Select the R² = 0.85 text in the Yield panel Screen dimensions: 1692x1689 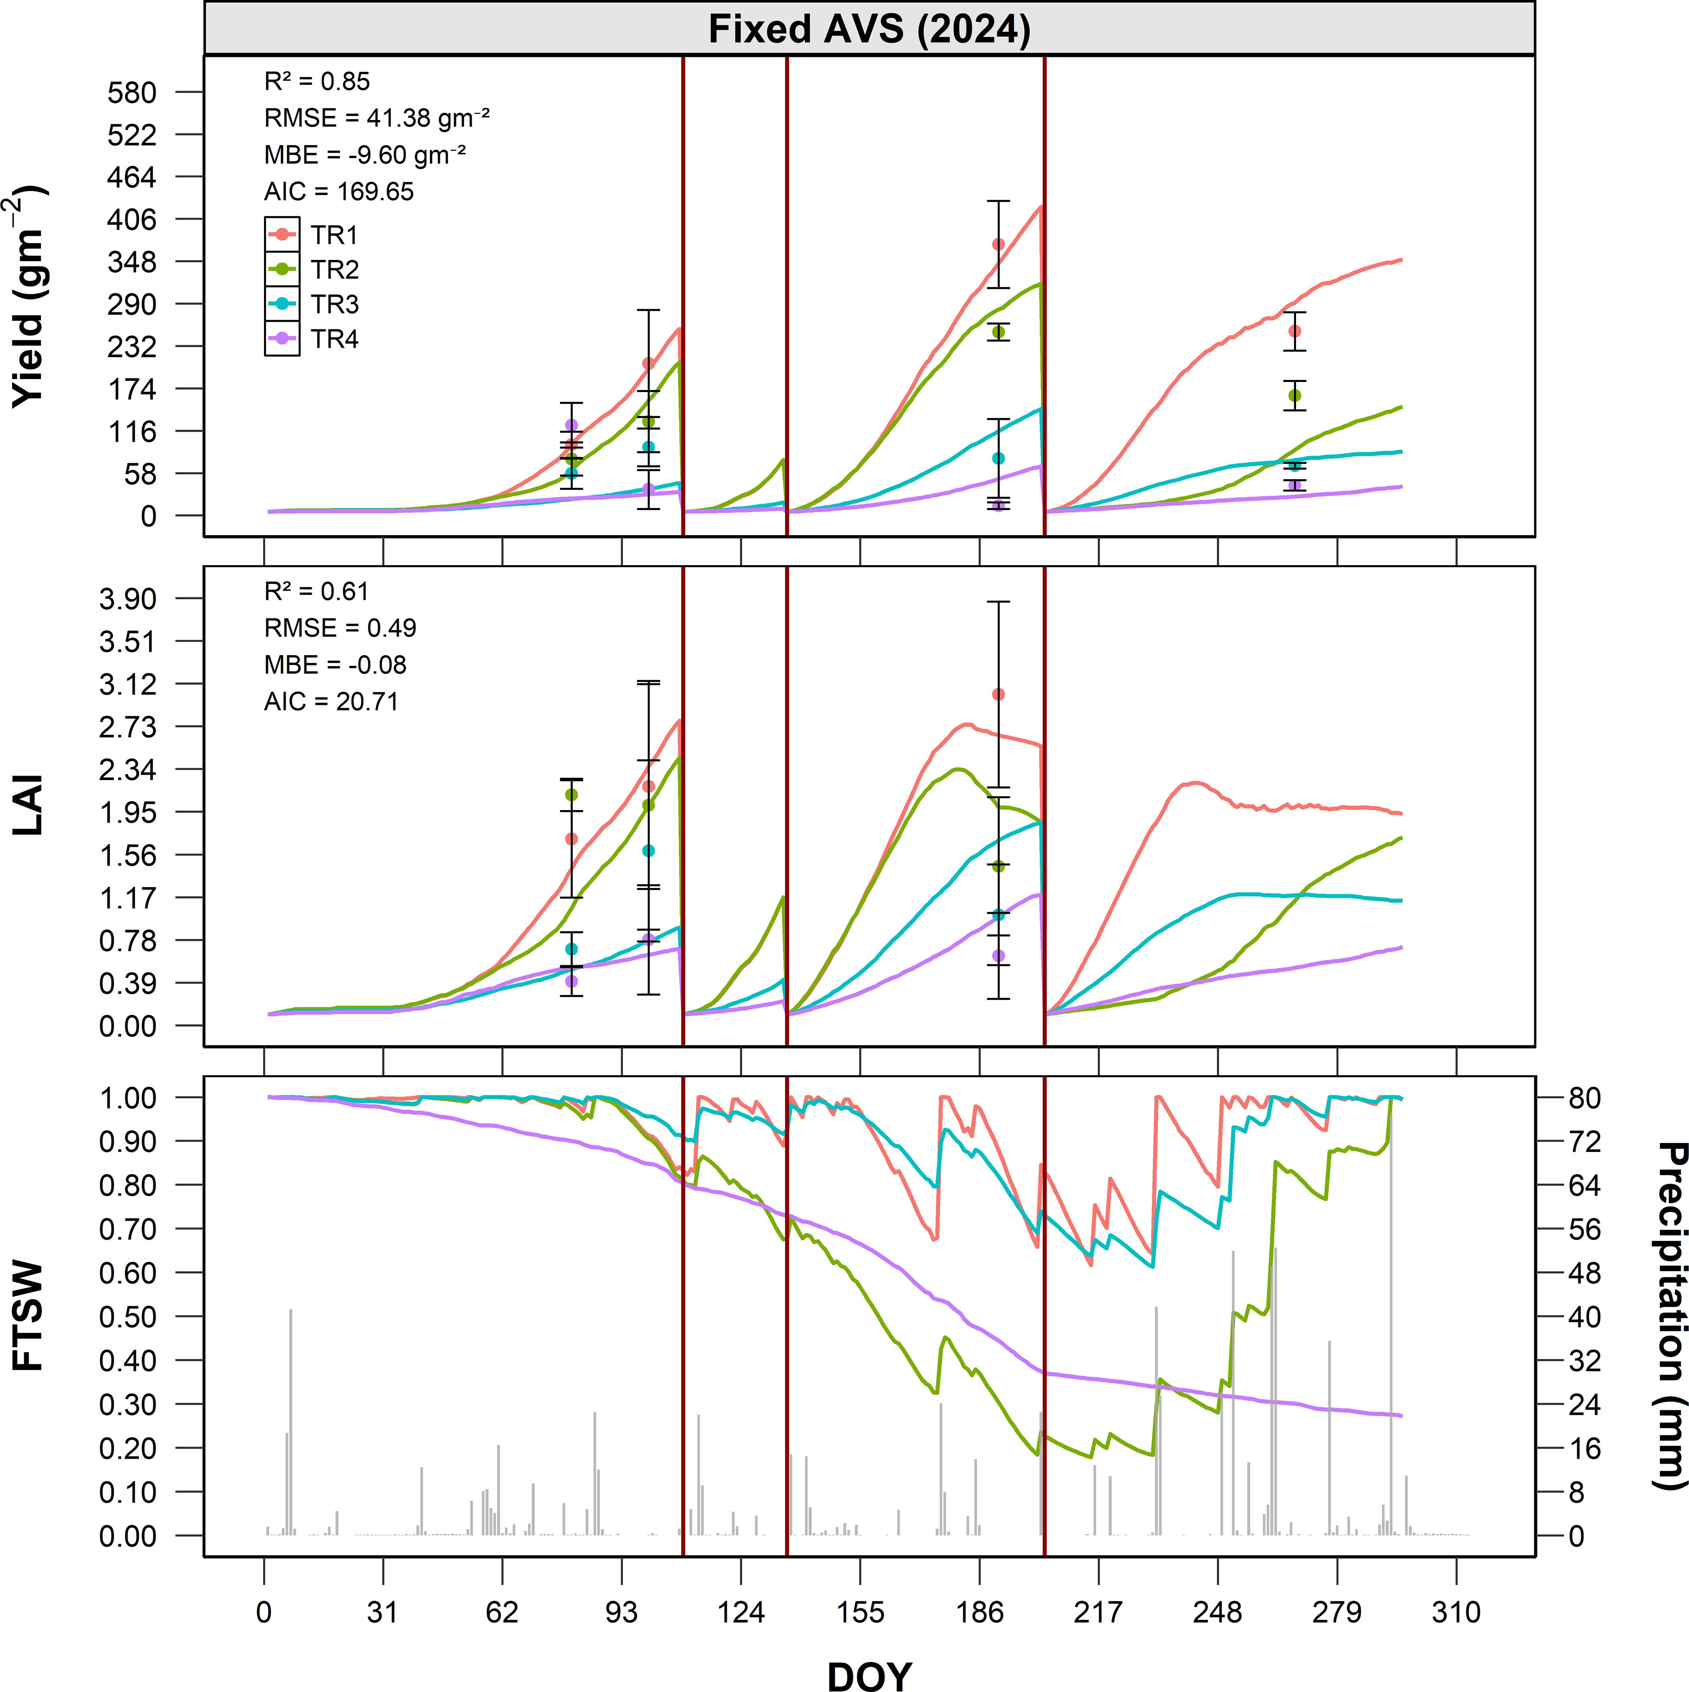tap(317, 82)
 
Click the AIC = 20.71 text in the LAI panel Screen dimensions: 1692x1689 tap(331, 702)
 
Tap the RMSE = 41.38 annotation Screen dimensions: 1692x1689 tap(377, 118)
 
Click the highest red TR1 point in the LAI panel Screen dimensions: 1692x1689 tap(998, 694)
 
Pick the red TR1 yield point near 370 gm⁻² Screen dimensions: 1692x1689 tap(998, 244)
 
